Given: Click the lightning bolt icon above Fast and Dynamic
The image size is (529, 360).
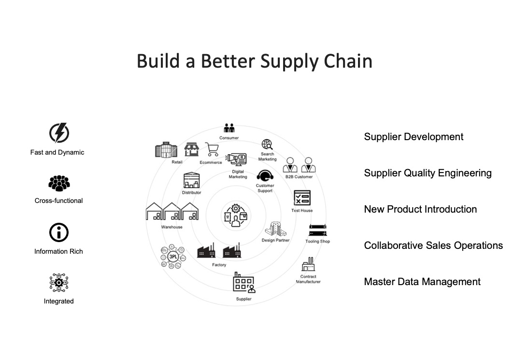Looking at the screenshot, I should tap(59, 133).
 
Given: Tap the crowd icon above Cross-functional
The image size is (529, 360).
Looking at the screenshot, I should tap(59, 184).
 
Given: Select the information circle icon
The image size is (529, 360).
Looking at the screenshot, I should tap(59, 233).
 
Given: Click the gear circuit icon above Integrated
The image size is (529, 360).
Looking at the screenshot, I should tap(59, 283).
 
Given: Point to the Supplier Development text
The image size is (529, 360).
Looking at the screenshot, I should tap(414, 137).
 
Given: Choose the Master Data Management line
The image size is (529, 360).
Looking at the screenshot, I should tap(422, 282).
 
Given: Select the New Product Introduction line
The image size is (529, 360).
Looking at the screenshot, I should tap(420, 209).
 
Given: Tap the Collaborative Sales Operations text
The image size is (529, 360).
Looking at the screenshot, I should tap(433, 245).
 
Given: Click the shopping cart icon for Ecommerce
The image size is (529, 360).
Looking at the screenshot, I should tap(212, 149).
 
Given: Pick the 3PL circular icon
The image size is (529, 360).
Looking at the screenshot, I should tap(173, 257).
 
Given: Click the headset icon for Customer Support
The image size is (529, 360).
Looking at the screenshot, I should tap(265, 175).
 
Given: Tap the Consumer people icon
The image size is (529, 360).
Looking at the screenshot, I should tap(229, 129).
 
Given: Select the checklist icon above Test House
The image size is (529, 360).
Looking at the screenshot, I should tap(302, 198).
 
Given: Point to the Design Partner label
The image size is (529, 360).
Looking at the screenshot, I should tap(275, 240).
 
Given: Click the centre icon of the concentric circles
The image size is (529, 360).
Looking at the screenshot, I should tap(235, 215).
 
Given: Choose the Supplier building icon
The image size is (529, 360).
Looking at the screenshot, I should tap(243, 283).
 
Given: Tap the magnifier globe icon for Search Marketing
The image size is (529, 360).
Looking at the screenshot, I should tap(267, 144).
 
